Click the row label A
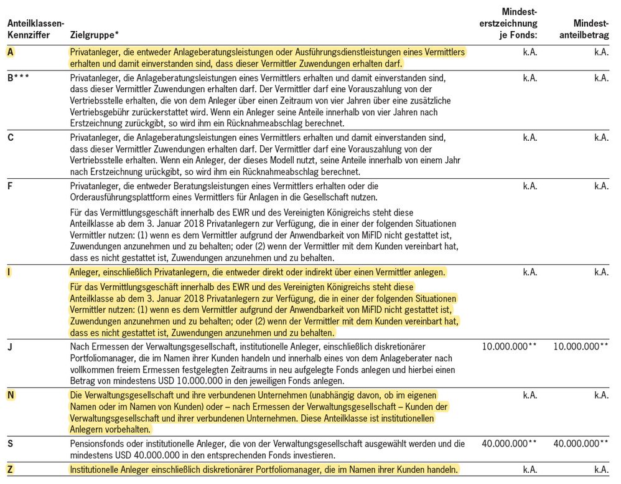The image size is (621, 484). (x=11, y=52)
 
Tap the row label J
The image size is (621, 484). (x=10, y=346)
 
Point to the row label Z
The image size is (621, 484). (x=11, y=469)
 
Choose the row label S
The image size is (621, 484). (x=11, y=444)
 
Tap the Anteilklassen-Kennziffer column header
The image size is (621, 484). (x=35, y=29)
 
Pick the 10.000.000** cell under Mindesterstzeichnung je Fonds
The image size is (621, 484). (x=509, y=346)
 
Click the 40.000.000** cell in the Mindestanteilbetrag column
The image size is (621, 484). (x=581, y=444)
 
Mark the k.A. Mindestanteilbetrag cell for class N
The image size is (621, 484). (x=601, y=395)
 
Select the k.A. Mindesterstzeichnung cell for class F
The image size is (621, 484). (x=530, y=186)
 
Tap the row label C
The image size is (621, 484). (x=11, y=138)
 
